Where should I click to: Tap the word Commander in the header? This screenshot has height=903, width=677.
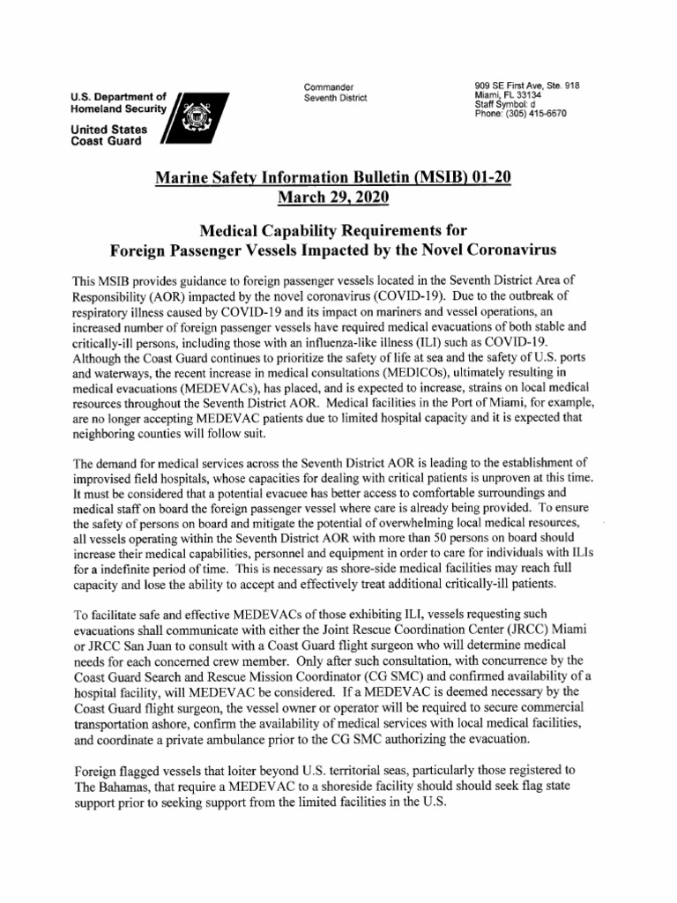(328, 86)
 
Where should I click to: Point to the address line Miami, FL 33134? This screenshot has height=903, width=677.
(510, 95)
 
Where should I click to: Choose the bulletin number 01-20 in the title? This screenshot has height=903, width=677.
(484, 177)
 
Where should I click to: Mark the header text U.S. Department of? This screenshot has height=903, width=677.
(119, 96)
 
